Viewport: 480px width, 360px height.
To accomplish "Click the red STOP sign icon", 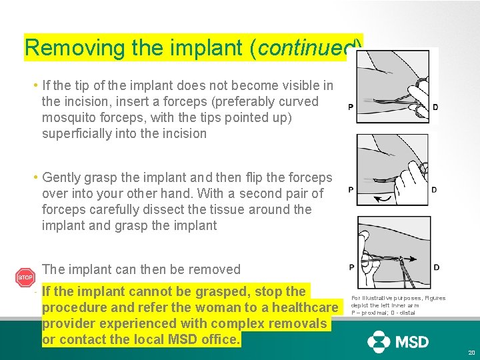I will (25, 277).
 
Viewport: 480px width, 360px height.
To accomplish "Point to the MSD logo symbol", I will (379, 341).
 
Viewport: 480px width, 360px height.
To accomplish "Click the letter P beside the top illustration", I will (351, 107).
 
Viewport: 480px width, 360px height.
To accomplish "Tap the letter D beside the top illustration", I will (435, 107).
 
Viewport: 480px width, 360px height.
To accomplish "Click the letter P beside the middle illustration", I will (351, 190).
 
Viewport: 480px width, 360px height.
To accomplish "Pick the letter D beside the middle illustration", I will (435, 190).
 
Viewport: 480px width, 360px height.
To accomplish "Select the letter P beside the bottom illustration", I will (351, 267).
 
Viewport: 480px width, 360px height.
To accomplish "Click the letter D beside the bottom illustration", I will (436, 267).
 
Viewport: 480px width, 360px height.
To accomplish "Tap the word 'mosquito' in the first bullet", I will (69, 117).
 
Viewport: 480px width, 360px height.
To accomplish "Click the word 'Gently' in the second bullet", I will (61, 177).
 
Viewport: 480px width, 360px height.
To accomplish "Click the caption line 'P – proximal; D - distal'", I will (383, 313).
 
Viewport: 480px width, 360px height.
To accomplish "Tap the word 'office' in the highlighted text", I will (221, 339).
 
